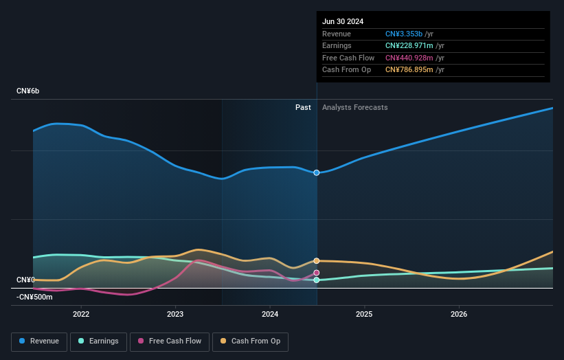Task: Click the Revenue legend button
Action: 38,341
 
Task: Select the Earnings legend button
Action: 98,341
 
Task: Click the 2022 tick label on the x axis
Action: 81,315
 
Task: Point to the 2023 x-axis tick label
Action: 175,315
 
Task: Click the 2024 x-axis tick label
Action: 270,315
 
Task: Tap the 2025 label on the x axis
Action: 364,315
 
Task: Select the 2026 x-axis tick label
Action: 459,315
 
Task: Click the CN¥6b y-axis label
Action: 28,91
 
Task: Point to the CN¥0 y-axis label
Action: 25,280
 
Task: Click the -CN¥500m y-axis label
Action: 34,297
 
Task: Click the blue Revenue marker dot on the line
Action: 317,172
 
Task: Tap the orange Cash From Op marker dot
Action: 317,261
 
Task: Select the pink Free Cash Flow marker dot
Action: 317,273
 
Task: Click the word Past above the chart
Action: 303,108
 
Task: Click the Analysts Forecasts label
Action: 354,108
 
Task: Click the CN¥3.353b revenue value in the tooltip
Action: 404,34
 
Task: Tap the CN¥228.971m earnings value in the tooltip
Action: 409,46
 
